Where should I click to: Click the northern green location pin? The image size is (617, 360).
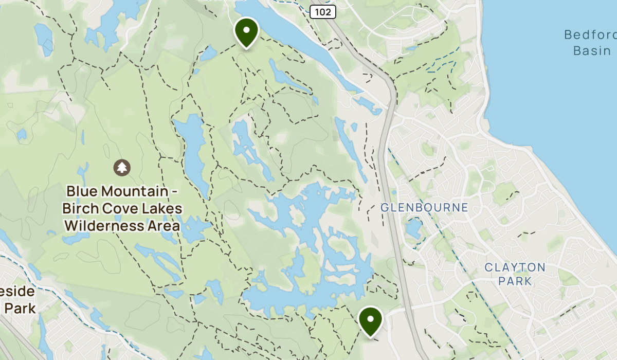coord(246,31)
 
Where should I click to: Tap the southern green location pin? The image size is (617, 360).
coord(370,319)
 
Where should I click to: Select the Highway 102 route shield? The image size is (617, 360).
coord(323,11)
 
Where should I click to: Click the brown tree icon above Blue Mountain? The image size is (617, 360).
coord(122,167)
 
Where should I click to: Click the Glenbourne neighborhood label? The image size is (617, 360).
coord(424,208)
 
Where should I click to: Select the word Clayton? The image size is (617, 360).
coord(515,267)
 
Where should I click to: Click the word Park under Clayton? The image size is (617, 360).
coord(515,281)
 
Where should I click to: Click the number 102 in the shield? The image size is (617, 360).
coord(323,11)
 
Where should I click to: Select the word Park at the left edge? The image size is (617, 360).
coord(21,309)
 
